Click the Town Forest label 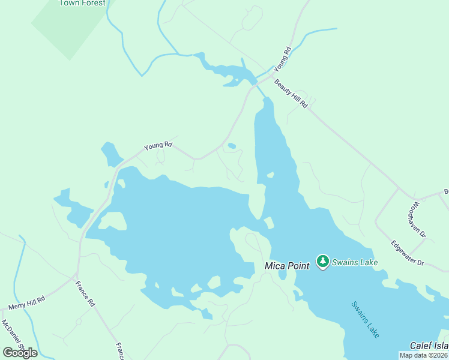pos(82,3)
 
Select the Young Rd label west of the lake pos(158,145)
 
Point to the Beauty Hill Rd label pos(291,94)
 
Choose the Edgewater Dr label pos(407,253)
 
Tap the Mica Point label pos(287,265)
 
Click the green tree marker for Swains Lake pos(323,261)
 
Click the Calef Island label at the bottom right pos(429,346)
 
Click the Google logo pos(20,352)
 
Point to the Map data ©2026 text pos(423,355)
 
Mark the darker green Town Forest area pos(69,27)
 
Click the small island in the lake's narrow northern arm pos(270,175)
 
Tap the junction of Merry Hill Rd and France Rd pos(75,277)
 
